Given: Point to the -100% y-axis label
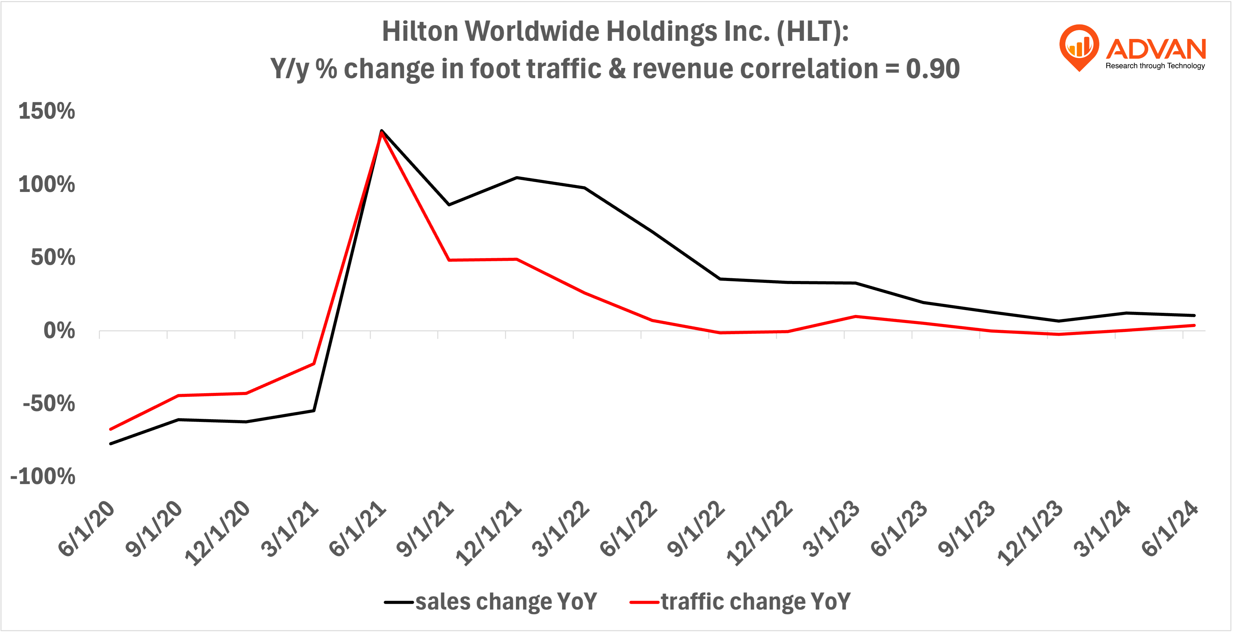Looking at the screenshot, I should pos(43,477).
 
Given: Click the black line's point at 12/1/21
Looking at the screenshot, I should pos(516,177).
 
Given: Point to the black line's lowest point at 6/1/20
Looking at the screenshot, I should pos(111,444).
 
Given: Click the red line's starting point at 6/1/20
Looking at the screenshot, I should pos(111,429).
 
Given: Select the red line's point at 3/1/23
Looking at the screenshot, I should pos(855,316).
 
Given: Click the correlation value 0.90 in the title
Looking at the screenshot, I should pos(932,69).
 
